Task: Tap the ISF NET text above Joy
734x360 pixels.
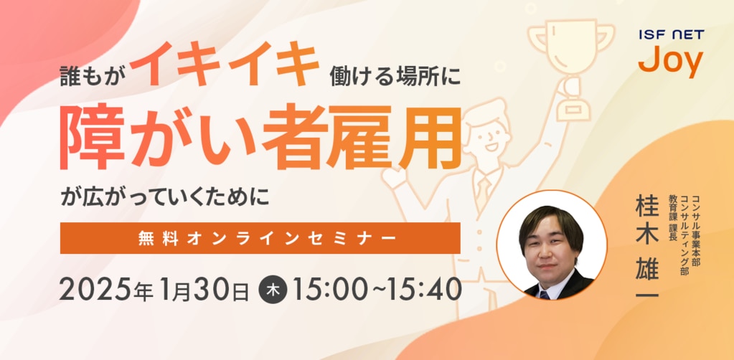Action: tap(671, 34)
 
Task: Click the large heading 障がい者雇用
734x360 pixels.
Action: tap(261, 138)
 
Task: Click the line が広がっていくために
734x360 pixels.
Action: tap(165, 197)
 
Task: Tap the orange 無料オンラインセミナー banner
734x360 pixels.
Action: tap(260, 238)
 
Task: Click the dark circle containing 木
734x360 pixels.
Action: tap(273, 290)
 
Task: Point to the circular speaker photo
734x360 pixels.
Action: tap(552, 245)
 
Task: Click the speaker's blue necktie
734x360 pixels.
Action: tap(543, 295)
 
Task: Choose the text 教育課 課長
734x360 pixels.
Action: tap(673, 218)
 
